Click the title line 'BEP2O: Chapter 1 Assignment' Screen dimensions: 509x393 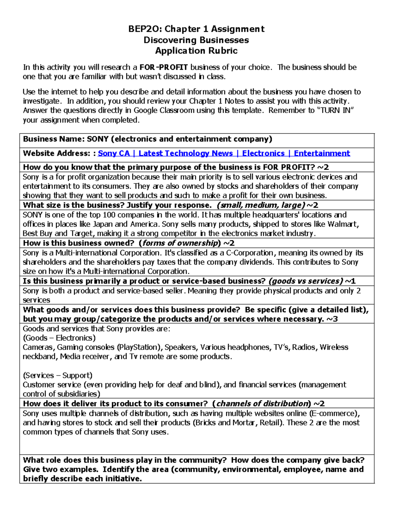click(x=196, y=29)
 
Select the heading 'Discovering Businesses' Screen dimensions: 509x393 click(x=196, y=40)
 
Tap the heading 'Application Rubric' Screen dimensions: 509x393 click(x=196, y=51)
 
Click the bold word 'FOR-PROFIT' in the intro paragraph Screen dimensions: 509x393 click(x=163, y=68)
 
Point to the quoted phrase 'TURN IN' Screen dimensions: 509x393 click(x=337, y=110)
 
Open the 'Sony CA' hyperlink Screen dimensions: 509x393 click(x=114, y=153)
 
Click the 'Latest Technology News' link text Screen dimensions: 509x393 click(x=185, y=153)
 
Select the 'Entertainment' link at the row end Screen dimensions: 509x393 click(x=322, y=153)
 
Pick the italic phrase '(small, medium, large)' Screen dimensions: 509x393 click(x=261, y=205)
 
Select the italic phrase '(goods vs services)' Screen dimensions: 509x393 click(x=306, y=281)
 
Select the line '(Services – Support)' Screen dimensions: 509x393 click(x=58, y=376)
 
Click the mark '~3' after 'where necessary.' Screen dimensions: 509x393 click(x=332, y=319)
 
